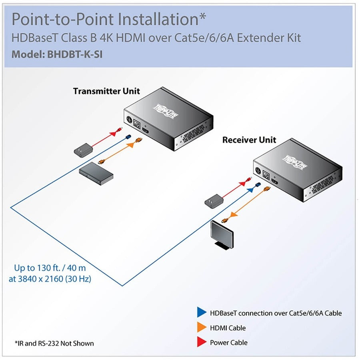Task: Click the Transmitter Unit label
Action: click(x=106, y=91)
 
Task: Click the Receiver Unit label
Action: click(x=249, y=140)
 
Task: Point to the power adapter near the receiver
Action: click(x=213, y=201)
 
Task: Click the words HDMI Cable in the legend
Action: click(x=228, y=328)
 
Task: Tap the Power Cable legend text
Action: click(x=229, y=342)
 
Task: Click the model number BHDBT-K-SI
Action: click(x=74, y=54)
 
